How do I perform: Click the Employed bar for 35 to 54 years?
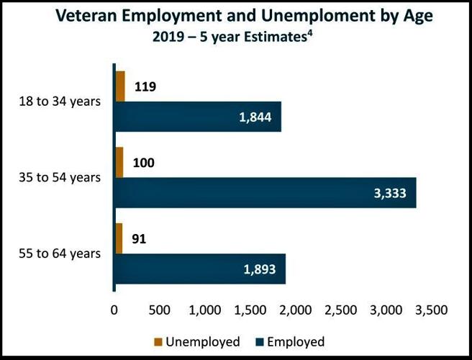(265, 193)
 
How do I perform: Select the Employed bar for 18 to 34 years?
(197, 117)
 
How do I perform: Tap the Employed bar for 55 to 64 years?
(199, 269)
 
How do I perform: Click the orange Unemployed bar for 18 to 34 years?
(119, 86)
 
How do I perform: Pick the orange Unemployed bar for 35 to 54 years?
(119, 163)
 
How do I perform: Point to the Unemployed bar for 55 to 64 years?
(118, 239)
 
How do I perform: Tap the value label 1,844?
(255, 117)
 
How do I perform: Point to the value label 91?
(139, 239)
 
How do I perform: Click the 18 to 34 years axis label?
(59, 100)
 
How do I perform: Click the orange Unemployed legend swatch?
(158, 342)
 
